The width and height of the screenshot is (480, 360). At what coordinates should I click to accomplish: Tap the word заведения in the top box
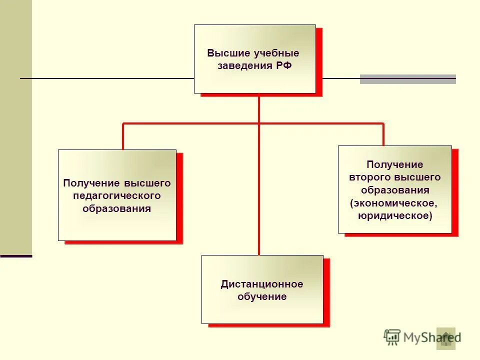click(245, 66)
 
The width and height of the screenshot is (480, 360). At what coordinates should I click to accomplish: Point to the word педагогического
click(117, 196)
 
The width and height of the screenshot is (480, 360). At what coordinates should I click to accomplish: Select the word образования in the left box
click(117, 208)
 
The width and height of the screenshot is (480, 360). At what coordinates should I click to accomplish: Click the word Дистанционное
click(262, 284)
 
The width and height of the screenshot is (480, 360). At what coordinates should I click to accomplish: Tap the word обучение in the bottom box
click(262, 297)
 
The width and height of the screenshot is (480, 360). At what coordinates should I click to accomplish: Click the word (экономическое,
click(394, 203)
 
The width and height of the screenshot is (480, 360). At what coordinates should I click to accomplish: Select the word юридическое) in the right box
click(395, 215)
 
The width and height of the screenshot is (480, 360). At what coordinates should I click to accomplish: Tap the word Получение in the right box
click(395, 165)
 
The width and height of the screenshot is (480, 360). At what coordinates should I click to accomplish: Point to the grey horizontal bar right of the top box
click(408, 79)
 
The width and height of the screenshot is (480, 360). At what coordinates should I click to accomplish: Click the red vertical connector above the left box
click(123, 136)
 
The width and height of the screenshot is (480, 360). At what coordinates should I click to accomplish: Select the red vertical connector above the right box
click(383, 134)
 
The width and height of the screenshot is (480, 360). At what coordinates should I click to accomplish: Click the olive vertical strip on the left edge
click(16, 125)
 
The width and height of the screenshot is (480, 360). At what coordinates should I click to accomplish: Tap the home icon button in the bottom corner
click(446, 338)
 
